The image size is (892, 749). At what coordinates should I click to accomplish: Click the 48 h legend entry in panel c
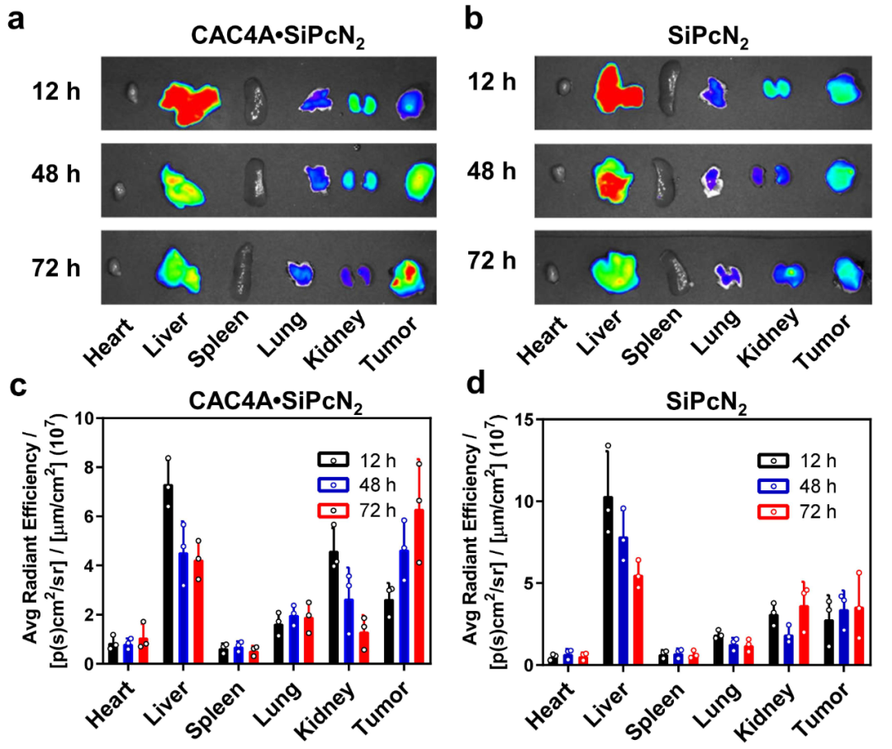pos(358,484)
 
